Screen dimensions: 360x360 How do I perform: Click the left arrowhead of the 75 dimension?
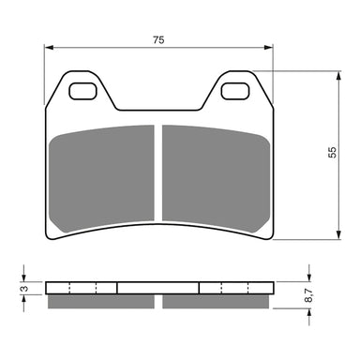[49, 49]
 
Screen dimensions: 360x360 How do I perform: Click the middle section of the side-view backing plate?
[157, 288]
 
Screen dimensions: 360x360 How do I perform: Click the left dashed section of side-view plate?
[83, 288]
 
